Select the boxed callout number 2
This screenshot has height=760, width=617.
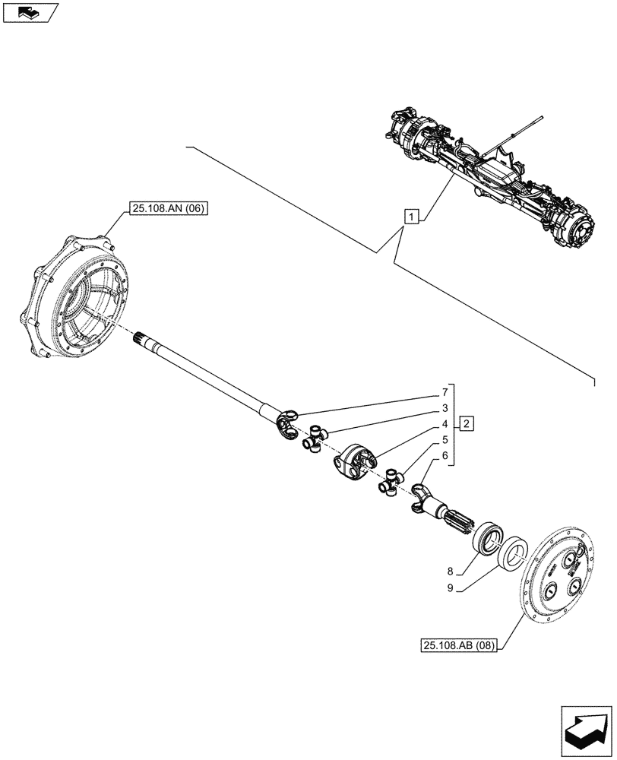tap(467, 423)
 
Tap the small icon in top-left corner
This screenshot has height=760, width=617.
tap(30, 12)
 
